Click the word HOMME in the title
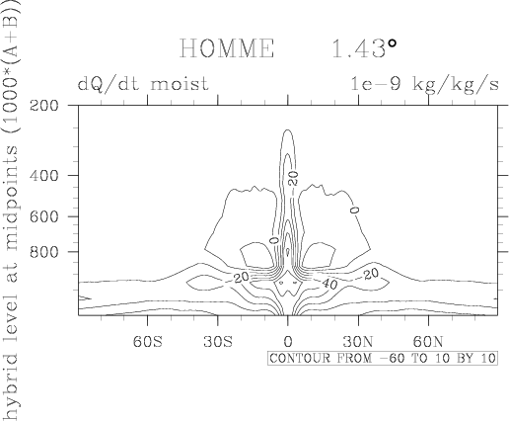227,48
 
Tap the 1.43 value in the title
358,48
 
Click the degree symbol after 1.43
392,43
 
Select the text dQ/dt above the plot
110,84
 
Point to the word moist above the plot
180,84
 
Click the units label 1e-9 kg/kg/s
424,84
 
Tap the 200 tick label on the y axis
44,106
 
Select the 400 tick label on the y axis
44,176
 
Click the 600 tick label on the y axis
44,216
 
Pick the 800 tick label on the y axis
44,252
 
